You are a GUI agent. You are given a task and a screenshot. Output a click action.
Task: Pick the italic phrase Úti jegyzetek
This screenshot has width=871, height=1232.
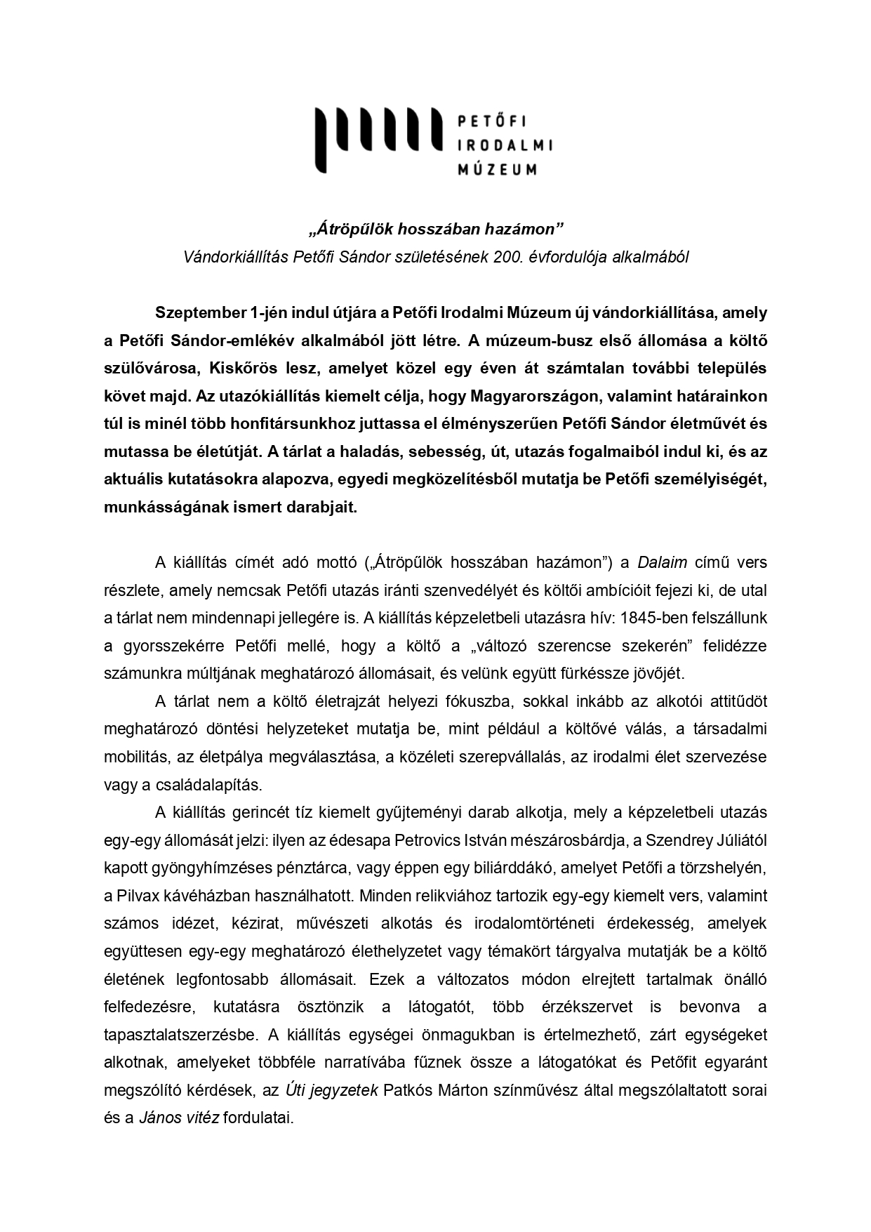(x=331, y=1090)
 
